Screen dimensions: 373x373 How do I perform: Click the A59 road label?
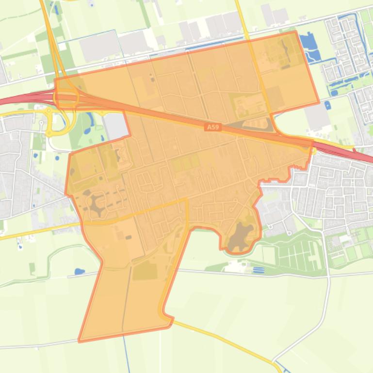point(212,127)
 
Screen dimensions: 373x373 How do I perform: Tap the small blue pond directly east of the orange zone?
point(328,104)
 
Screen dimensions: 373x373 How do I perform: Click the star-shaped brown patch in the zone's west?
point(97,204)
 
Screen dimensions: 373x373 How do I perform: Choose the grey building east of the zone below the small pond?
point(318,117)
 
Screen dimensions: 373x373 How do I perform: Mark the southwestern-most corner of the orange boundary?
point(80,341)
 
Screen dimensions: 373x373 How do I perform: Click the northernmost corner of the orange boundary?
point(295,31)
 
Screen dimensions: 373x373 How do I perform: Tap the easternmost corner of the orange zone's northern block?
point(319,103)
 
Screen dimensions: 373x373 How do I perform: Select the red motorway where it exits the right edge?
point(369,158)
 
